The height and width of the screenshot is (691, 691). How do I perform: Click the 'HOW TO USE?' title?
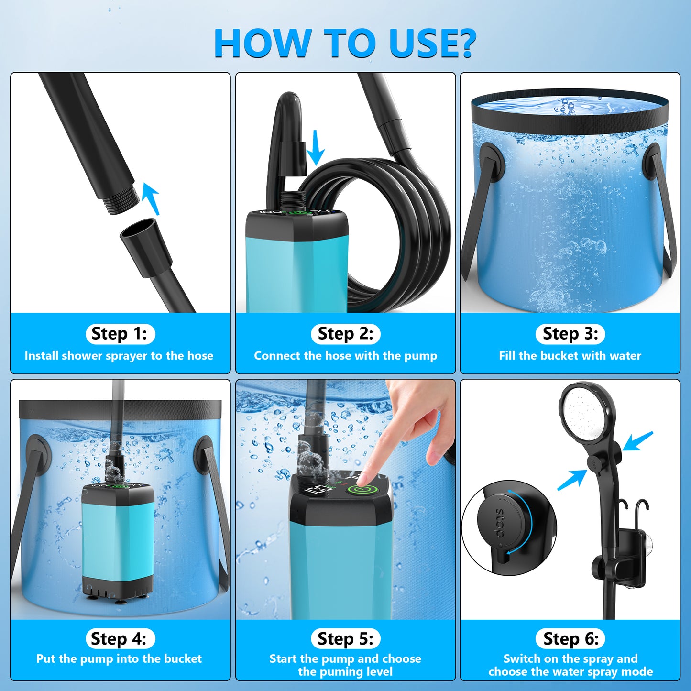[x=345, y=43]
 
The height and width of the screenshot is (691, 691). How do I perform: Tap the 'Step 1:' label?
[x=120, y=334]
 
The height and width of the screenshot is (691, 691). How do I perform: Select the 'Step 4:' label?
[x=120, y=639]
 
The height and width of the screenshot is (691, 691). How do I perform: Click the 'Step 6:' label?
[x=570, y=639]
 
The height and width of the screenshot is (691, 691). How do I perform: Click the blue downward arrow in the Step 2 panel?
[x=315, y=148]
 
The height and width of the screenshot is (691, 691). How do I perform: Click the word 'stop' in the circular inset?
[x=500, y=523]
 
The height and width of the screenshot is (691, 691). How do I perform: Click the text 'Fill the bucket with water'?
[x=570, y=356]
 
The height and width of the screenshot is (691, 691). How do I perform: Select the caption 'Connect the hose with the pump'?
[x=345, y=356]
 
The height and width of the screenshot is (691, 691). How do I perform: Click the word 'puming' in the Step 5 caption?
[x=340, y=672]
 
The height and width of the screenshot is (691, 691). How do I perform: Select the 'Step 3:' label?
[x=570, y=334]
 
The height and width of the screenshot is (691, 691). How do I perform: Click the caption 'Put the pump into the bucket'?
[x=119, y=659]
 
